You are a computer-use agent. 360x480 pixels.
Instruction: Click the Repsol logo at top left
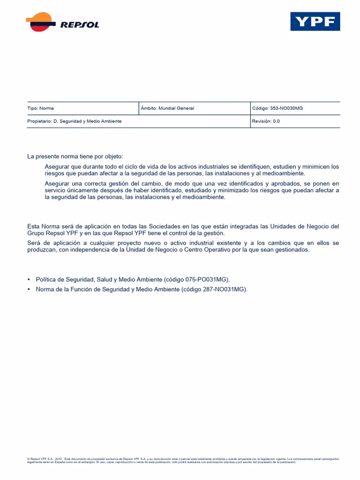pos(62,22)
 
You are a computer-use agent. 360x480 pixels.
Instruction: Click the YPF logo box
pos(315,22)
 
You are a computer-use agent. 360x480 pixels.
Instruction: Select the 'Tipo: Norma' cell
pos(41,108)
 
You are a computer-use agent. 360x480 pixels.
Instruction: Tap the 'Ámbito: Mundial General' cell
pos(167,108)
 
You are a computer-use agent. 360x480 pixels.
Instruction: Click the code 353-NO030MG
pos(286,108)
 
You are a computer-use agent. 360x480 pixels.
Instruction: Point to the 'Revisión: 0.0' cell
pos(266,121)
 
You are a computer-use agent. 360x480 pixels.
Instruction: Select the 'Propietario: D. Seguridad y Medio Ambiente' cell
pos(75,121)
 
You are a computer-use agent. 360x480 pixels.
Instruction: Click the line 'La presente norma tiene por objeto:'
pos(75,157)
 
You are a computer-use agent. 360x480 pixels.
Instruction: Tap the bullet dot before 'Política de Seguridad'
pos(29,279)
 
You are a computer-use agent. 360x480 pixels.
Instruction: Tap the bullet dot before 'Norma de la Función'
pos(29,289)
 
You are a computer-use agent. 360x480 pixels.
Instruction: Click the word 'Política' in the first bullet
pos(46,279)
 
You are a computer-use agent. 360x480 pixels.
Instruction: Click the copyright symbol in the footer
pos(29,459)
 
